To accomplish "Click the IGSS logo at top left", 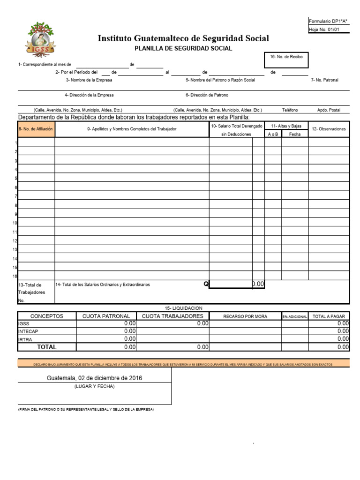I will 41,38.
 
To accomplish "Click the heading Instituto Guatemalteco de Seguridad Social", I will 183,38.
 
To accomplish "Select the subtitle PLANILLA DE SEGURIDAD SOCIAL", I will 183,48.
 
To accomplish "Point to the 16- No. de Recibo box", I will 286,59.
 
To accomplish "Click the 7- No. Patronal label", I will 324,80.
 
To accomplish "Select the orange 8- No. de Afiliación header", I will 36,129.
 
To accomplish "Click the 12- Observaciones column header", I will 329,129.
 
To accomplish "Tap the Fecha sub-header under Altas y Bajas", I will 295,134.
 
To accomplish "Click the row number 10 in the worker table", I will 15,223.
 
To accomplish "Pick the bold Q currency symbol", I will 206,284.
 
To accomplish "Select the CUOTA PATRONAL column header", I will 106,316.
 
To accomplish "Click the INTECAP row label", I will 29,331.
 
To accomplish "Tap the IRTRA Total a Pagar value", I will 343,338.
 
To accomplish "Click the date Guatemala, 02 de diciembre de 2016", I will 94,378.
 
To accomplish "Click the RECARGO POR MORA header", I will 245,316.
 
